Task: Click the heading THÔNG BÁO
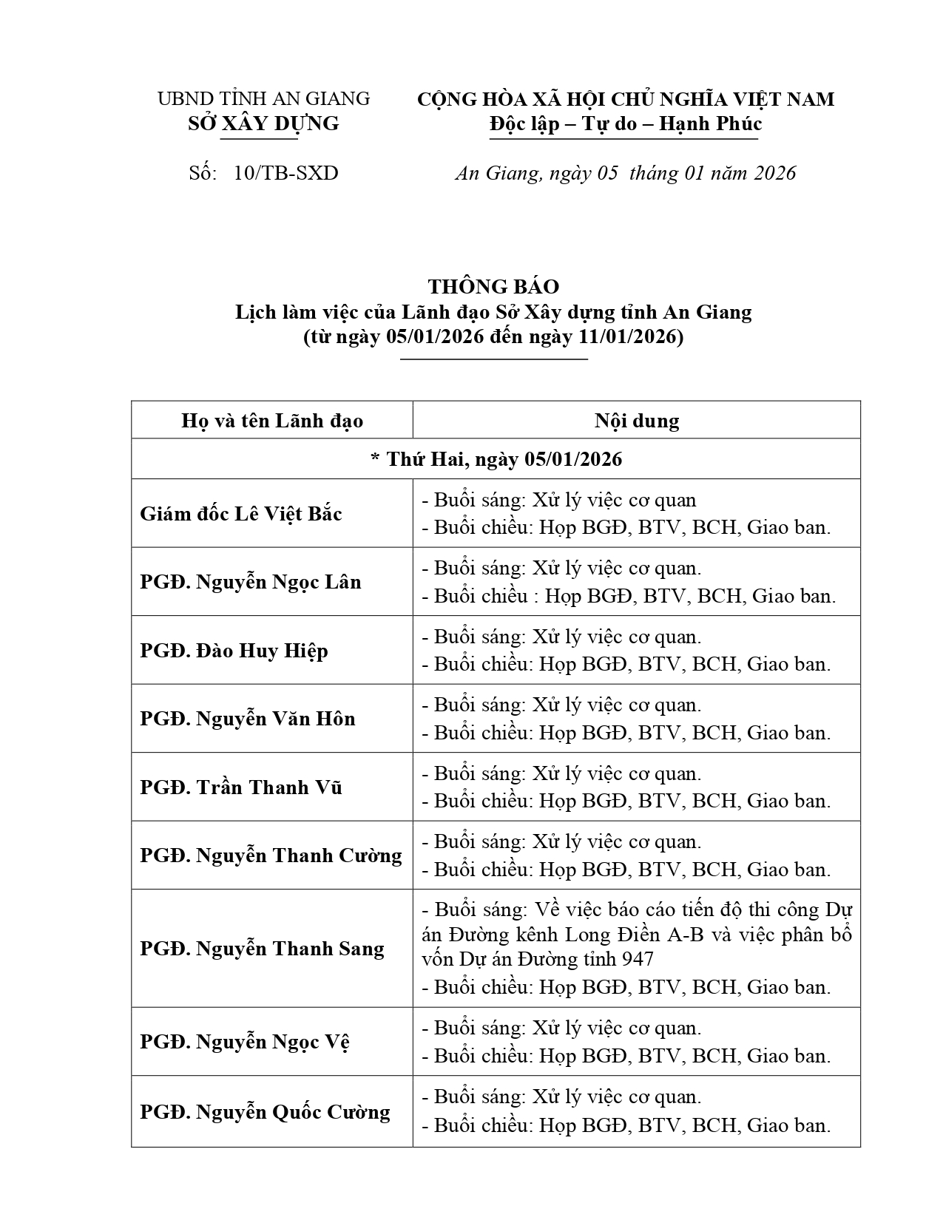coord(493,287)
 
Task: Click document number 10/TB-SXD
coord(285,173)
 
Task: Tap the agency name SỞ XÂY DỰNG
coord(263,123)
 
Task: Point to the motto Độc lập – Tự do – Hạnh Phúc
coord(625,123)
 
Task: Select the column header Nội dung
coord(636,421)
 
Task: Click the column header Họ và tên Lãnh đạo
coord(272,421)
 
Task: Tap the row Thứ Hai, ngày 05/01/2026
coord(496,459)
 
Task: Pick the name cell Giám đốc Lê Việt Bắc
coord(241,514)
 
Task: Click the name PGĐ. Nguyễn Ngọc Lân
coord(251,582)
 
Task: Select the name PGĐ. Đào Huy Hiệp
coord(234,651)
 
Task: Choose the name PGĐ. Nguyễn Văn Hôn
coord(248,719)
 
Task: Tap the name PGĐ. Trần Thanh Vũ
coord(241,787)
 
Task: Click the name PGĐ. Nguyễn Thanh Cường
coord(271,855)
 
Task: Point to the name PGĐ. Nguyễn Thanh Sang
coord(262,949)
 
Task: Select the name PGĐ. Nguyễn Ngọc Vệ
coord(245,1042)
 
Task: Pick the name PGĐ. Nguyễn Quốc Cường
coord(265,1112)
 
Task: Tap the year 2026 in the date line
coord(774,173)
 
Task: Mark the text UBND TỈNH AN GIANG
coord(263,99)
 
